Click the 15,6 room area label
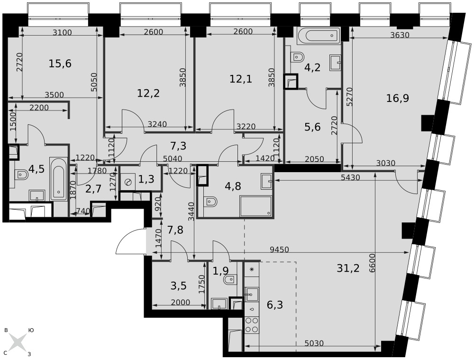[60, 64]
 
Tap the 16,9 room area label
[398, 98]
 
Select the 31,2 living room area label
[348, 268]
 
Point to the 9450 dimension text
[279, 249]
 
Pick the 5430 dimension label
[350, 177]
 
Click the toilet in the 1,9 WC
[230, 279]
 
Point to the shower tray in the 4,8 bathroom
[256, 206]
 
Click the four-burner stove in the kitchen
[252, 325]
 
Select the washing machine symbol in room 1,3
[128, 183]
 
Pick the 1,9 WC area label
[220, 271]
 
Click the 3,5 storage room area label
[178, 285]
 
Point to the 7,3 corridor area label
[178, 146]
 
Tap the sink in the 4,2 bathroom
[335, 63]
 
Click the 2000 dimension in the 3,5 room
[180, 302]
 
